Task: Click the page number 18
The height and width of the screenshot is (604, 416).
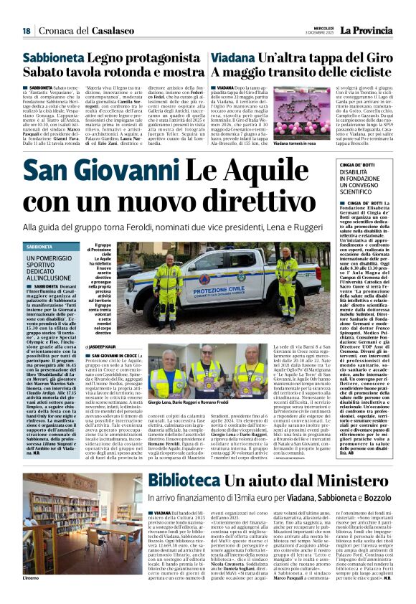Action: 26,31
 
